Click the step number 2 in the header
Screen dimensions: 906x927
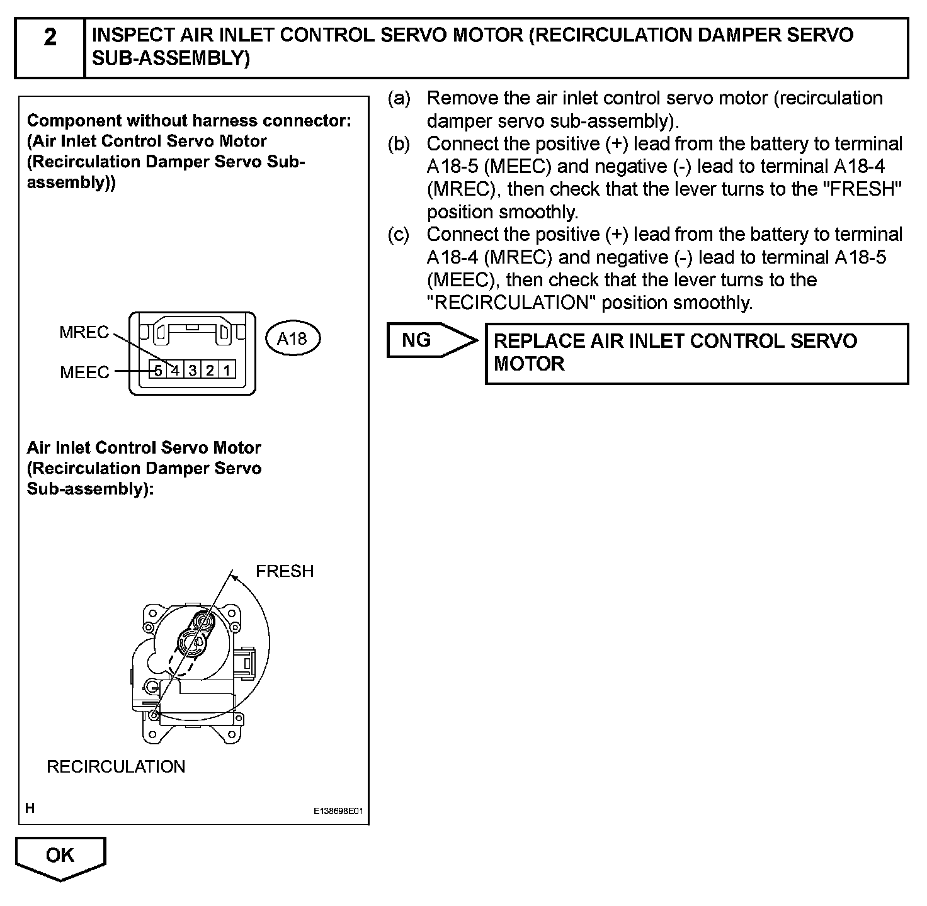(50, 38)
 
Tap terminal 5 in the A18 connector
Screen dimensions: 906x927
(159, 370)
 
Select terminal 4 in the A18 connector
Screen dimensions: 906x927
(176, 370)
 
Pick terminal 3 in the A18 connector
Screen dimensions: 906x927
(193, 370)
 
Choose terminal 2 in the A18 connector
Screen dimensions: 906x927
(210, 370)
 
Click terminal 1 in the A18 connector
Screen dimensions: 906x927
(227, 370)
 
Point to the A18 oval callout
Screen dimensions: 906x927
(292, 339)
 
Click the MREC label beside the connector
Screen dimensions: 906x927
(84, 332)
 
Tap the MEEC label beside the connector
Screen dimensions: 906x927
(84, 372)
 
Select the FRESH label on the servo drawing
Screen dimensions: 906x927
(285, 571)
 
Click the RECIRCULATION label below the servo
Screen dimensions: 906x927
(116, 766)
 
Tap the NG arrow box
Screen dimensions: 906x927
(428, 340)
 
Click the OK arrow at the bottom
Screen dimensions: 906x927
(60, 856)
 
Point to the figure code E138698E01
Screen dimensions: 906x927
(338, 812)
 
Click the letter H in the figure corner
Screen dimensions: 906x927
(30, 808)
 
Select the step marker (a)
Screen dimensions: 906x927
(399, 99)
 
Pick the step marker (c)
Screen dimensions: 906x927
(399, 235)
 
